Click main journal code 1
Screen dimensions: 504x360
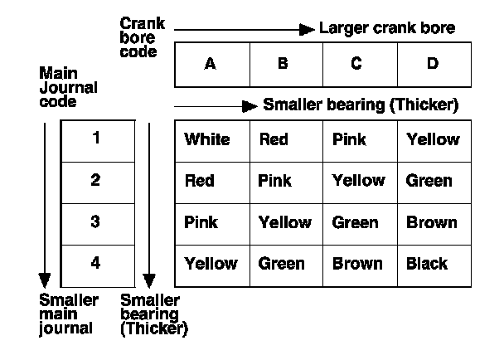pyautogui.click(x=97, y=139)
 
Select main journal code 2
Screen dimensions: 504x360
pyautogui.click(x=97, y=181)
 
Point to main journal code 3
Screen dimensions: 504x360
pyautogui.click(x=97, y=222)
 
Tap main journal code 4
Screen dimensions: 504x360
pyautogui.click(x=97, y=264)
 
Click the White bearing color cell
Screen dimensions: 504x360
pyautogui.click(x=207, y=139)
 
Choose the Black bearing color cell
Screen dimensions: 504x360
pyautogui.click(x=427, y=264)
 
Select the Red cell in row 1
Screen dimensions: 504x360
pyautogui.click(x=274, y=139)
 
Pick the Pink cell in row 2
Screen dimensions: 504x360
pyautogui.click(x=275, y=181)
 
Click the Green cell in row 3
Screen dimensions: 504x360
pyautogui.click(x=355, y=222)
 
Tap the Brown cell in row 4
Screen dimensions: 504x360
pyautogui.click(x=357, y=264)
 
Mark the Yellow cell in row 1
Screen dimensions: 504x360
pyautogui.click(x=433, y=139)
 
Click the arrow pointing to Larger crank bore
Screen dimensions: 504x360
pyautogui.click(x=245, y=30)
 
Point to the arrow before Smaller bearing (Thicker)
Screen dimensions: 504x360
pyautogui.click(x=216, y=106)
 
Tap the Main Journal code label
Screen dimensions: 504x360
pyautogui.click(x=68, y=87)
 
